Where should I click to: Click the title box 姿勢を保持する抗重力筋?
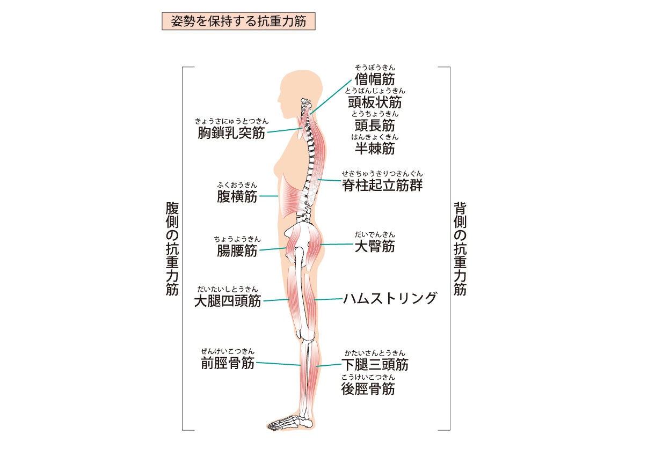pyautogui.click(x=238, y=21)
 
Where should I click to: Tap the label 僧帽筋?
pyautogui.click(x=375, y=79)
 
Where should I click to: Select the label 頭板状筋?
pyautogui.click(x=375, y=102)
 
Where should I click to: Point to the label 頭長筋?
pyautogui.click(x=375, y=125)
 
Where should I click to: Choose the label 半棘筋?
pyautogui.click(x=375, y=148)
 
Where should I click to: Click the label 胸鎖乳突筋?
pyautogui.click(x=231, y=132)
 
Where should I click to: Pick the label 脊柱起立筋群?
pyautogui.click(x=382, y=185)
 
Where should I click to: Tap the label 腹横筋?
pyautogui.click(x=237, y=196)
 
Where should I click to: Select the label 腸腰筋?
pyautogui.click(x=237, y=250)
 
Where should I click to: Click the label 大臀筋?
pyautogui.click(x=375, y=246)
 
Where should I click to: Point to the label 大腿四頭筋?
pyautogui.click(x=228, y=301)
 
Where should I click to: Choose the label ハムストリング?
pyautogui.click(x=390, y=298)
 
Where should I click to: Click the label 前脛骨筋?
pyautogui.click(x=228, y=363)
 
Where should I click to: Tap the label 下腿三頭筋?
pyautogui.click(x=375, y=364)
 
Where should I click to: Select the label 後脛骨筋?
pyautogui.click(x=368, y=389)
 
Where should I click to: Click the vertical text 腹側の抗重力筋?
pyautogui.click(x=172, y=249)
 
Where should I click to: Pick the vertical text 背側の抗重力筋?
pyautogui.click(x=460, y=249)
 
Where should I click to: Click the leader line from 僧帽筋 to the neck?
pyautogui.click(x=331, y=97)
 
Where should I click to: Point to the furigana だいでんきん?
pyautogui.click(x=375, y=234)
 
